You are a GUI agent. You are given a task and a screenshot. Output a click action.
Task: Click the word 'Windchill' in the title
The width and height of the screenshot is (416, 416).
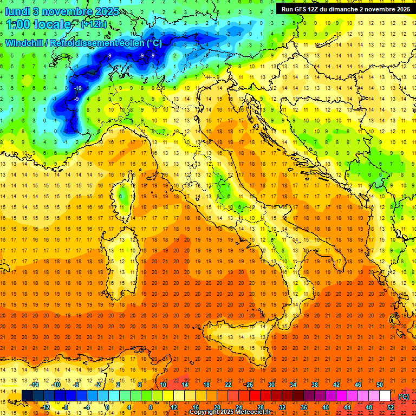coord(25,43)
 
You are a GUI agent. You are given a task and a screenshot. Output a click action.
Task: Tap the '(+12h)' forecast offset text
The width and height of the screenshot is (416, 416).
coord(94,24)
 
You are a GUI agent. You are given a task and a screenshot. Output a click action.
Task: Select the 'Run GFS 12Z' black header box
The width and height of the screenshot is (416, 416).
coord(346,9)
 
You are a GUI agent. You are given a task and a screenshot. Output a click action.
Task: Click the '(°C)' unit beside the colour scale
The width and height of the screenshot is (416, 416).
coord(403,396)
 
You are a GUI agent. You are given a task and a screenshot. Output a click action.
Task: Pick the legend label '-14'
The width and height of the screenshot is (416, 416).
coord(34,385)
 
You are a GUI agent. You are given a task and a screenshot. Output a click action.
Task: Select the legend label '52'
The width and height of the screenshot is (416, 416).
coord(391,407)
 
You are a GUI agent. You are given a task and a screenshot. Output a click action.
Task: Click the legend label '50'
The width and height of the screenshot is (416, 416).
coord(380,385)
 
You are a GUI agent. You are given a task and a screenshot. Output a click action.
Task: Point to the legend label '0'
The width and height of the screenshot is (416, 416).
coord(107,407)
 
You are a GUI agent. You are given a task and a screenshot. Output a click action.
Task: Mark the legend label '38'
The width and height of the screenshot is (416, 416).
coord(314,385)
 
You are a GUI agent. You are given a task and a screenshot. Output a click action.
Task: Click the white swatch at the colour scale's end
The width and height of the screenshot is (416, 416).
coord(385,396)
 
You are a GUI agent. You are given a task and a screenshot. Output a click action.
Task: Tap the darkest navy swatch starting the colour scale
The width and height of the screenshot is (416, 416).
coord(27,396)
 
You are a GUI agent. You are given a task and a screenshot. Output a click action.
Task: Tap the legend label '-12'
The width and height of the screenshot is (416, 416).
coord(45,407)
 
